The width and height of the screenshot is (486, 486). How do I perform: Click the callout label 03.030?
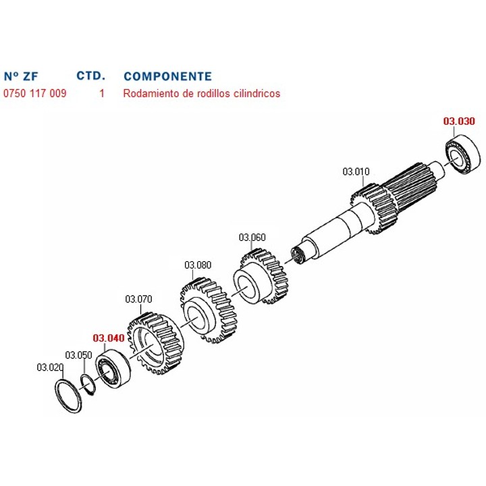click(x=459, y=122)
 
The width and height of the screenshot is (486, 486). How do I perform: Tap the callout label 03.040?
click(x=109, y=338)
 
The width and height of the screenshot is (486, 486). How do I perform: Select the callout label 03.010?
click(x=356, y=171)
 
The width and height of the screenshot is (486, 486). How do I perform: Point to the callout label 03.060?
click(x=252, y=238)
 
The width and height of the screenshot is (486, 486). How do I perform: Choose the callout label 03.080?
click(x=198, y=265)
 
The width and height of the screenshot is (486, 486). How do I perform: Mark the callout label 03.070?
click(x=138, y=299)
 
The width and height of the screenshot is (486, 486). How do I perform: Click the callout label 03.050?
click(x=78, y=355)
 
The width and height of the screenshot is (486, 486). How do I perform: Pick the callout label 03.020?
click(x=50, y=367)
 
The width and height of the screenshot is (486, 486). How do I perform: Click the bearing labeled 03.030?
click(x=462, y=154)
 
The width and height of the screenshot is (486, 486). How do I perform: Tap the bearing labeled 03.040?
click(x=113, y=368)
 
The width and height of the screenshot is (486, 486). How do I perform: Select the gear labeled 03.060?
click(x=261, y=277)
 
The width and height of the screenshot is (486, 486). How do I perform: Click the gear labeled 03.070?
click(x=156, y=344)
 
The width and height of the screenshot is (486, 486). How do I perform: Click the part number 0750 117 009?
click(x=35, y=93)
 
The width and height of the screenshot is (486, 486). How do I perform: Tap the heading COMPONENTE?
click(x=167, y=76)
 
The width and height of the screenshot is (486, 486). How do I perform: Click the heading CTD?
click(x=91, y=76)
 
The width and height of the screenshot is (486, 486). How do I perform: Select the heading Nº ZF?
click(x=21, y=76)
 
